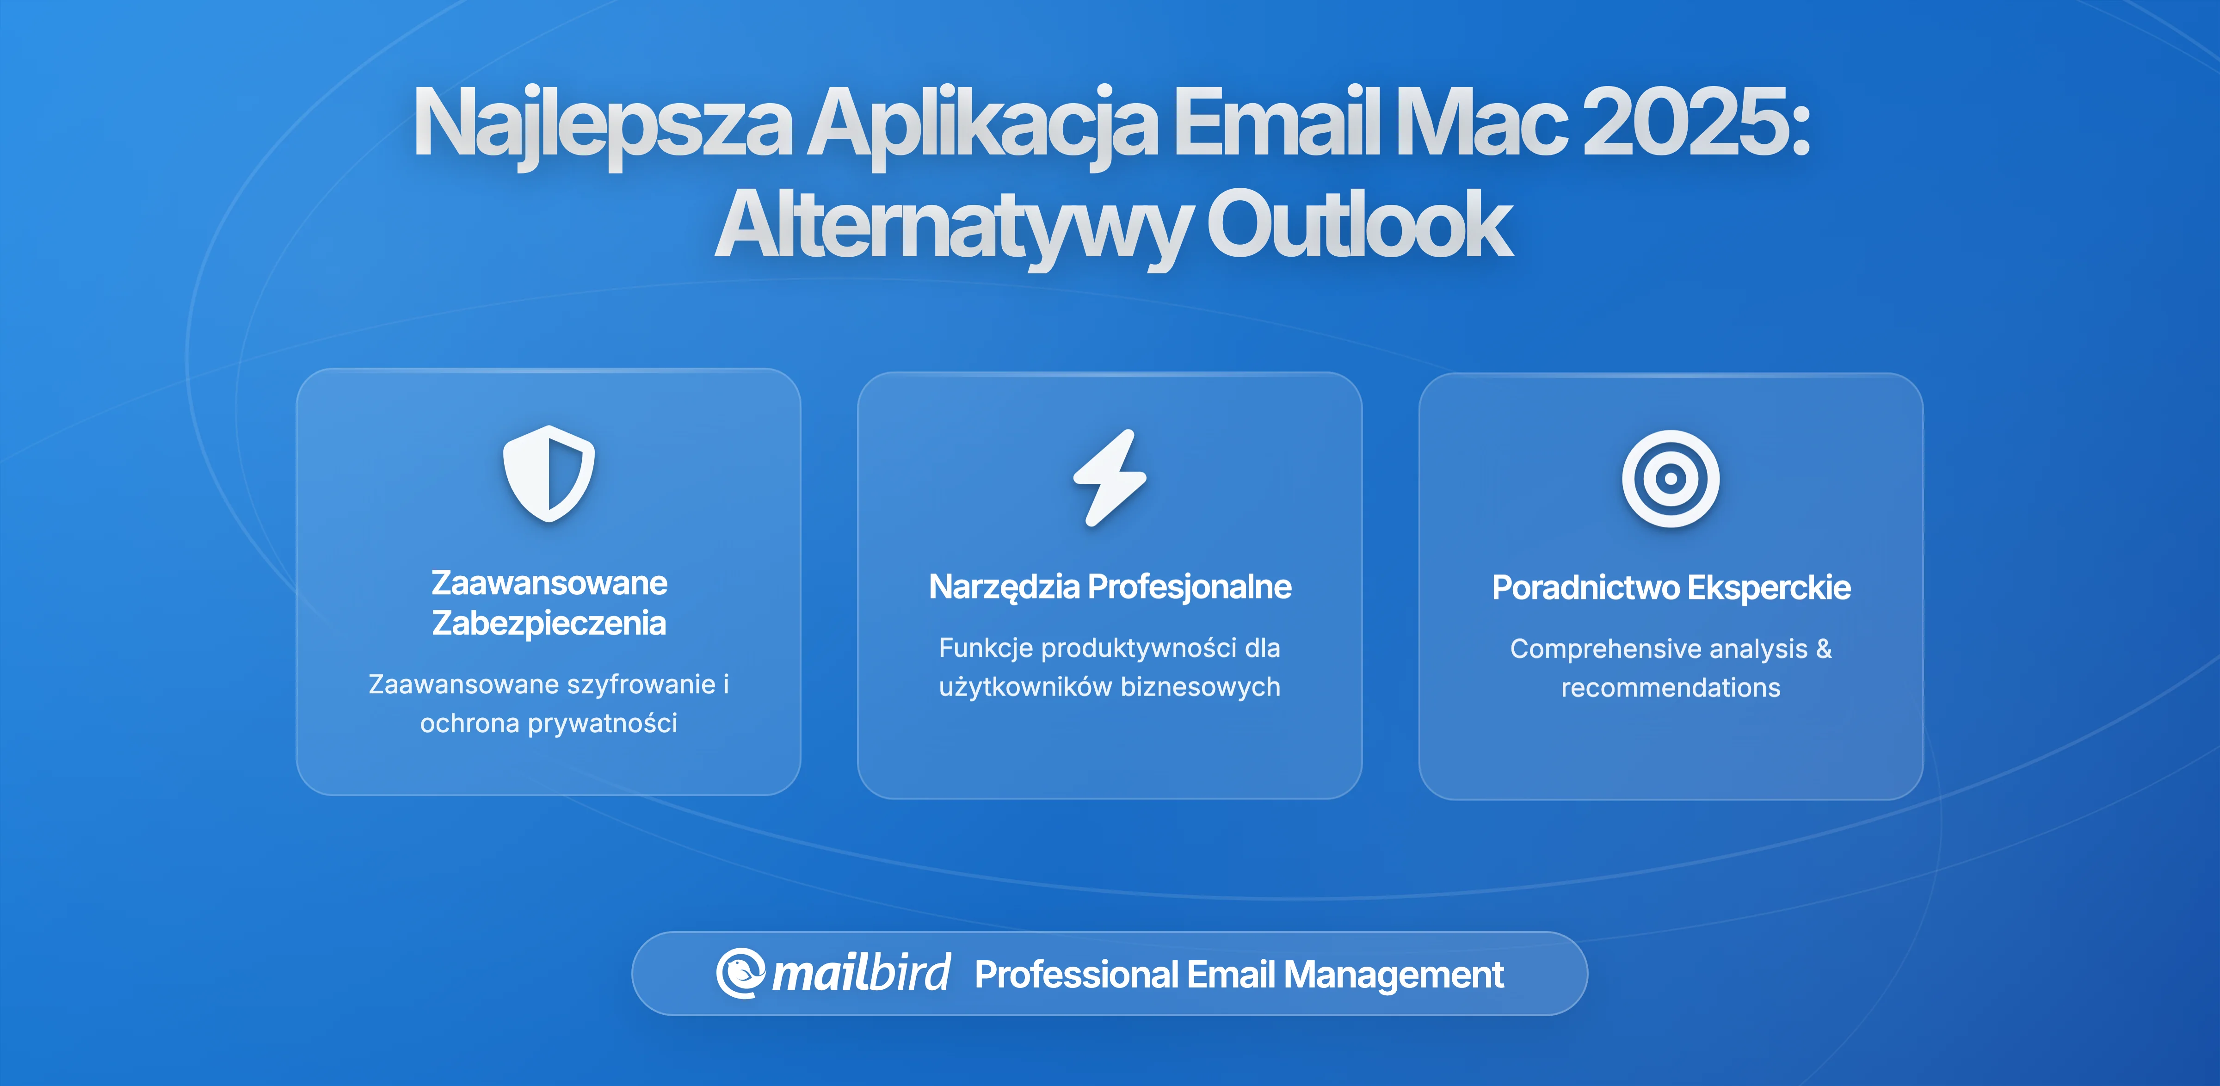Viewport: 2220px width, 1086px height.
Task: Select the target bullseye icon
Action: [x=1670, y=478]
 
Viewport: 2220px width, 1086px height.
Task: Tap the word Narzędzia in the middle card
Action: [x=1004, y=587]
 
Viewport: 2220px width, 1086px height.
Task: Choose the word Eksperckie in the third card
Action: [x=1769, y=588]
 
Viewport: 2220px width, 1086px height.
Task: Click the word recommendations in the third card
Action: [x=1670, y=688]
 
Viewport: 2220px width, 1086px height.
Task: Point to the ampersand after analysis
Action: [x=1824, y=648]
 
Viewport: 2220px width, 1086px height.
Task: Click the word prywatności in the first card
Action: [x=602, y=723]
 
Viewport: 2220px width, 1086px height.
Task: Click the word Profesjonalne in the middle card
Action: [x=1189, y=587]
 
